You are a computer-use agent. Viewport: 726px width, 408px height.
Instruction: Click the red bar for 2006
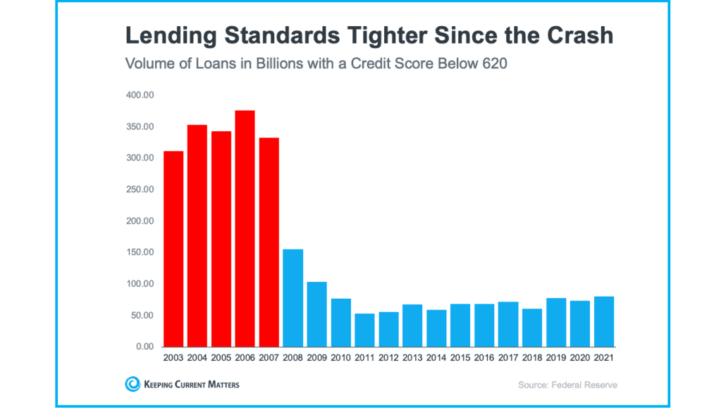click(x=245, y=228)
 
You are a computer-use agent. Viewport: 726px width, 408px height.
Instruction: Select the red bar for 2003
click(x=173, y=249)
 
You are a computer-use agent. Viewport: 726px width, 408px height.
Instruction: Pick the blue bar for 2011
click(x=364, y=330)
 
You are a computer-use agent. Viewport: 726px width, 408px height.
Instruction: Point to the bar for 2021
click(x=604, y=321)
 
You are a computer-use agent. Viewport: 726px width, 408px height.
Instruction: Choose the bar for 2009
click(x=316, y=314)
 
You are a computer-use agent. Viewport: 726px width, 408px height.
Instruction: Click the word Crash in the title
click(x=581, y=35)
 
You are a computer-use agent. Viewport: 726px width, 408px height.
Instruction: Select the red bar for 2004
click(x=197, y=235)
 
